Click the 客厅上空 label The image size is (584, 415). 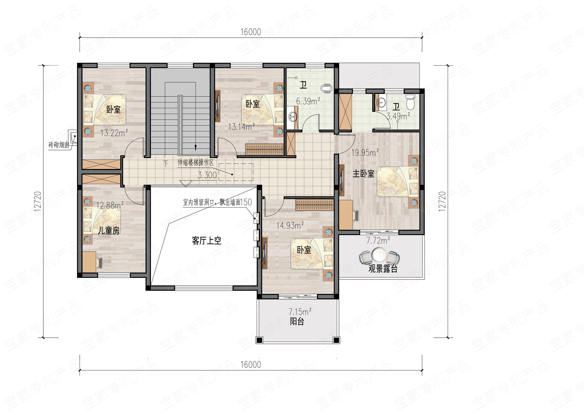(207, 241)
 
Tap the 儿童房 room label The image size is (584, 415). (108, 230)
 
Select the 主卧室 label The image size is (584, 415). (363, 174)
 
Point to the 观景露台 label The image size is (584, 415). (383, 269)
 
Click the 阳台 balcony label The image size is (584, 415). (297, 321)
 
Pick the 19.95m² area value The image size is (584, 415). (365, 153)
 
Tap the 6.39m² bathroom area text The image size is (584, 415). (308, 101)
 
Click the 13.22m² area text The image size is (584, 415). (113, 133)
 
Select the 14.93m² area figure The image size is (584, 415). (290, 226)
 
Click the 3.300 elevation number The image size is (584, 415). (207, 175)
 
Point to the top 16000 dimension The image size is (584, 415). (250, 32)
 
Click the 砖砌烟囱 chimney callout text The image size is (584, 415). (58, 145)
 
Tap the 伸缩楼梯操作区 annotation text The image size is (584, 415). (195, 163)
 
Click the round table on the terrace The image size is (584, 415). (379, 255)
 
